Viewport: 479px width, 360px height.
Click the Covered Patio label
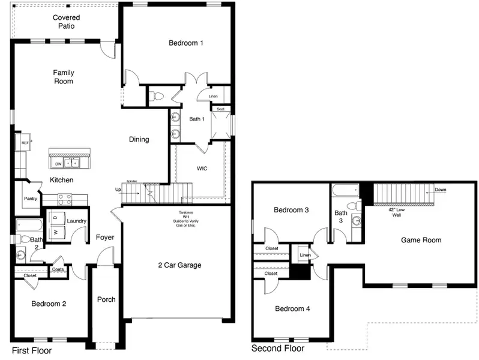click(x=66, y=22)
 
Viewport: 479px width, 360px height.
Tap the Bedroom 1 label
click(x=185, y=43)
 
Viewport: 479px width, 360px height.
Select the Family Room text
click(x=64, y=77)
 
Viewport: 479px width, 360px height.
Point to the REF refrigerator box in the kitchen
click(x=25, y=143)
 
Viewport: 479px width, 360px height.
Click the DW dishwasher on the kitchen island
click(x=58, y=163)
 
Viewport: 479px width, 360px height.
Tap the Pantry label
click(x=31, y=199)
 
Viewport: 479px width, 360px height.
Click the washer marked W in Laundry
click(x=56, y=232)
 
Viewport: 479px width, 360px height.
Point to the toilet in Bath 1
click(x=158, y=95)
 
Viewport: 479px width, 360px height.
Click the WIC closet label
click(x=202, y=169)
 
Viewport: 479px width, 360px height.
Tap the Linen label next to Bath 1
click(x=213, y=97)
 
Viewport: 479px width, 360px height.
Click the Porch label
click(x=106, y=299)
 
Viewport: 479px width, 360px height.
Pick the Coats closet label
click(x=58, y=269)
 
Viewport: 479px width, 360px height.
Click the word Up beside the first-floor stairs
click(x=118, y=190)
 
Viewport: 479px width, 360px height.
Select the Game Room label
click(x=421, y=240)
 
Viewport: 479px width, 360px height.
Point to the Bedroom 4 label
click(x=292, y=309)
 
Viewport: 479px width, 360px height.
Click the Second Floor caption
click(x=277, y=349)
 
